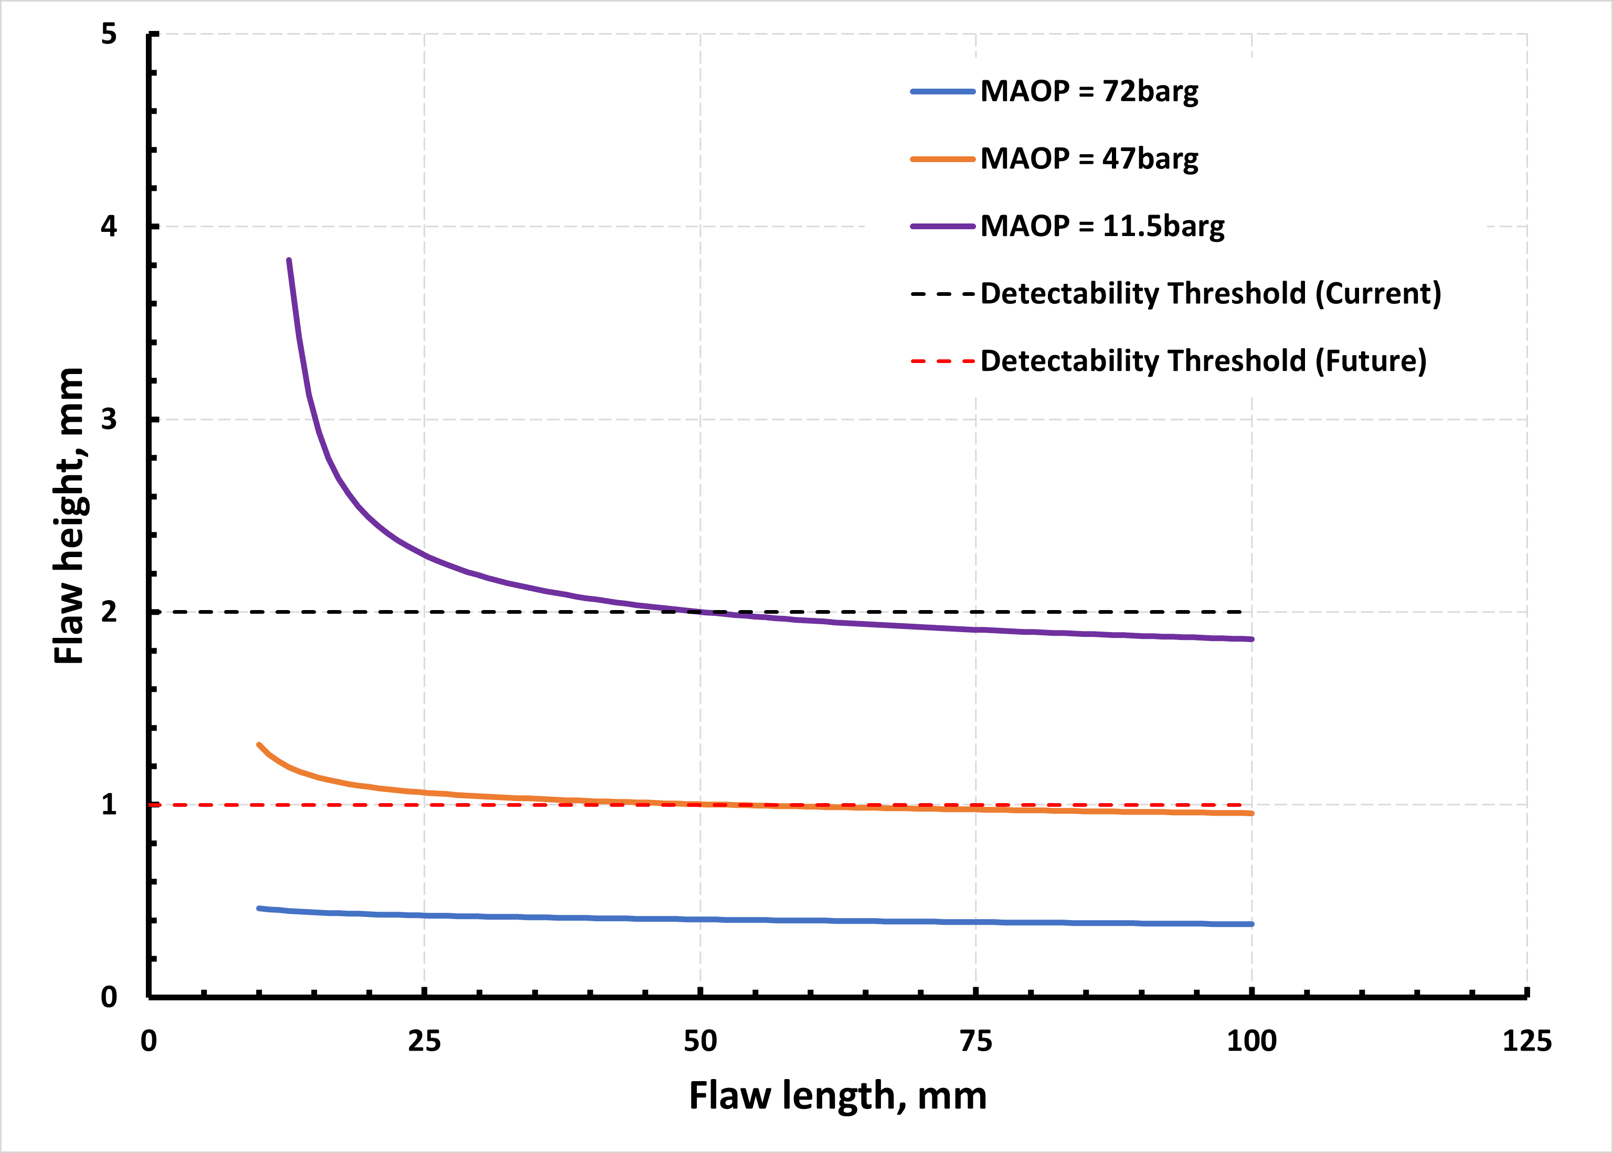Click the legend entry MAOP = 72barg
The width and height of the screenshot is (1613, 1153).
[1089, 92]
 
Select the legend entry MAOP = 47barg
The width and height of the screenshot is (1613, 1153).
[1089, 159]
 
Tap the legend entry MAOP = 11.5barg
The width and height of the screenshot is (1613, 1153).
[1102, 227]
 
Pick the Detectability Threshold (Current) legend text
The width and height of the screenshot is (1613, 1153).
[1211, 293]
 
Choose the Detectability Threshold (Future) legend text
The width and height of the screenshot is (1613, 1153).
[1203, 361]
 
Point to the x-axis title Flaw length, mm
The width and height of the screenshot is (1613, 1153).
[837, 1095]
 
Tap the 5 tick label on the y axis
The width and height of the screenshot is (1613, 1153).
[109, 34]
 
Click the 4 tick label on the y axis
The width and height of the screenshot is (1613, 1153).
[109, 227]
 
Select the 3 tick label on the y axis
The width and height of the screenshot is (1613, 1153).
[109, 419]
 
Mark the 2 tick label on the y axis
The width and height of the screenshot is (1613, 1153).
[109, 611]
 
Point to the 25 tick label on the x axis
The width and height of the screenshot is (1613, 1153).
[424, 1041]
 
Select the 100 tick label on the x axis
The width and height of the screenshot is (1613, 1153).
[1251, 1041]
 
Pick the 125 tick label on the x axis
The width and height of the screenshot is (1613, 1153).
[1526, 1041]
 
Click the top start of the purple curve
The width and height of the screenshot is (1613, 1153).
[289, 261]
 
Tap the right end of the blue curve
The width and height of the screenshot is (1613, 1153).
[1251, 924]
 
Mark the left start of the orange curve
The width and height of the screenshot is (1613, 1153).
[259, 745]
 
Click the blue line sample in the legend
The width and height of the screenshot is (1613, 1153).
[942, 92]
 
